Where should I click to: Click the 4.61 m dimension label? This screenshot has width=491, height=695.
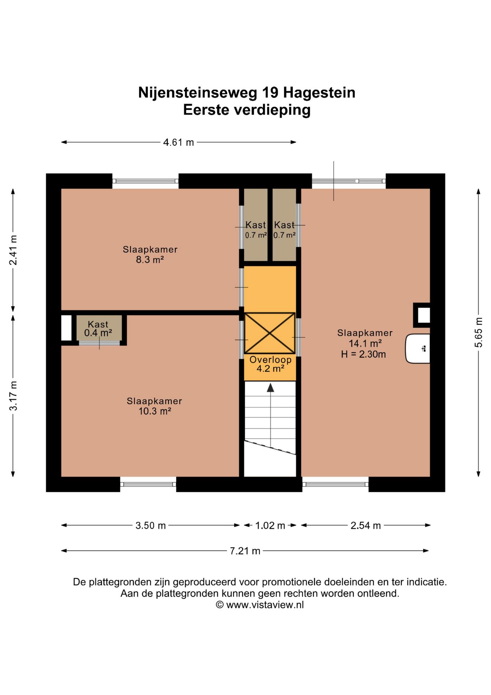178,142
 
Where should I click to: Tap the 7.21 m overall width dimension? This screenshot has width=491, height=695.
245,551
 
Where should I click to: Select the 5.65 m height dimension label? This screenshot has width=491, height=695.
478,332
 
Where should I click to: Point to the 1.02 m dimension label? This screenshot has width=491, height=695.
270,525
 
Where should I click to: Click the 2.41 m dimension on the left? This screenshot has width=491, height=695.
13,250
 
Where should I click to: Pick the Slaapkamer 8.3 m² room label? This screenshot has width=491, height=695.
150,254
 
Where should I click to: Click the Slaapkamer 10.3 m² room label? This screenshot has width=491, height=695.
154,406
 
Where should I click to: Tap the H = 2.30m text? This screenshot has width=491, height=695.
363,354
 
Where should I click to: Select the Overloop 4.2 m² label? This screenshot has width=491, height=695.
270,364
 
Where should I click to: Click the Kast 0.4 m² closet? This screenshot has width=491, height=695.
98,328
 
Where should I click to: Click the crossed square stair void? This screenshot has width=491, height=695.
270,333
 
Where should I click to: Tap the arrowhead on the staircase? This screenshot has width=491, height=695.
270,388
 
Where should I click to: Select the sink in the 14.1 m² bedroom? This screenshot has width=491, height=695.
418,349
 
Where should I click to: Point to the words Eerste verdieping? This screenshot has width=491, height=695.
247,110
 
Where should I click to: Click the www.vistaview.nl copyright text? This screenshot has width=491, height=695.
260,605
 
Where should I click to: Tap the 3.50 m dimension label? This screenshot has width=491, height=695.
150,525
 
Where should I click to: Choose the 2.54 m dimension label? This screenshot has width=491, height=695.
366,525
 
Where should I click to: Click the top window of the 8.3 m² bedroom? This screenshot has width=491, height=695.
145,181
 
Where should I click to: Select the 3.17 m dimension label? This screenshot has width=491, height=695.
13,396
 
